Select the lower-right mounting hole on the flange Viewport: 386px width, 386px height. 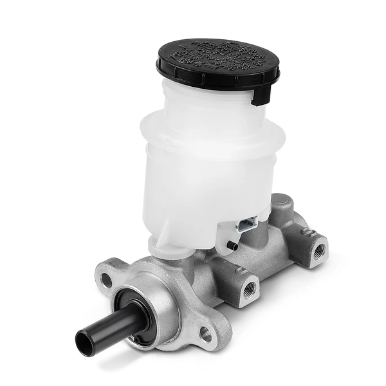tap(205, 333)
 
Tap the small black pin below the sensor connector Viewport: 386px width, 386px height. tap(232, 245)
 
